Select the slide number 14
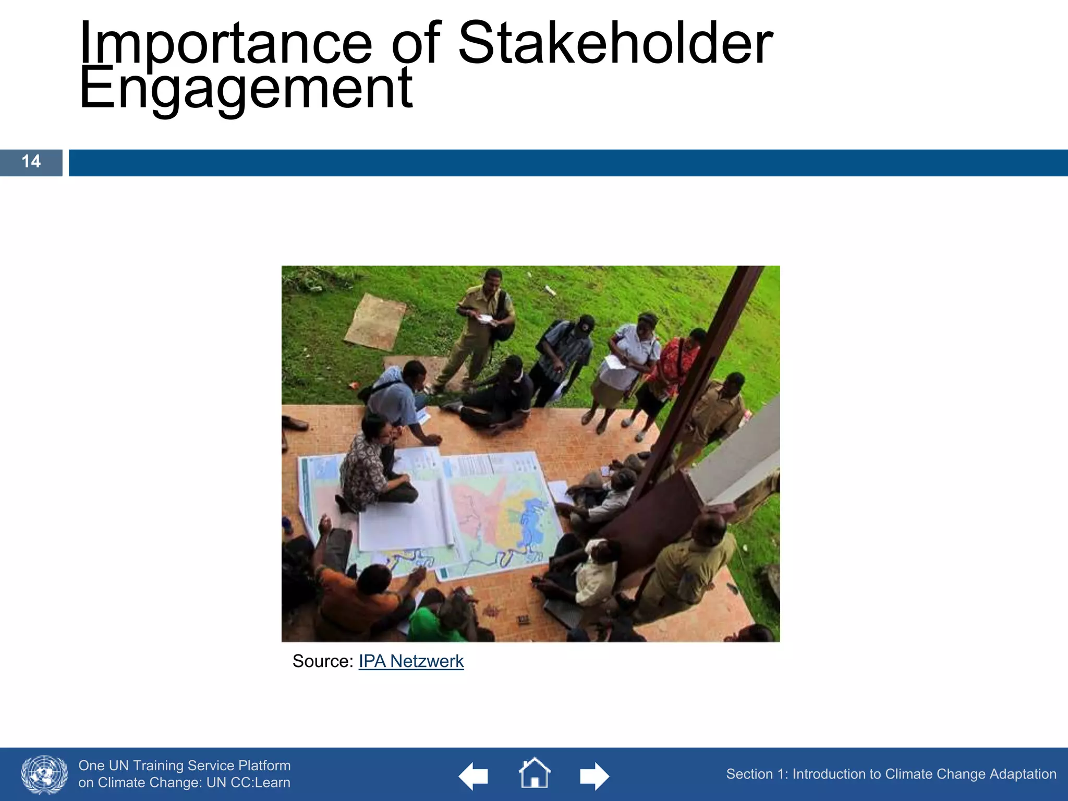click(31, 162)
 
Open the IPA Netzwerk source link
click(411, 661)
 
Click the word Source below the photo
click(322, 661)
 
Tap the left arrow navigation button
click(473, 776)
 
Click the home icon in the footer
click(534, 773)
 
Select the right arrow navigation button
click(594, 776)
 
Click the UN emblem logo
click(44, 774)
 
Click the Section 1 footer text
click(891, 774)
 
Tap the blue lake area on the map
click(532, 521)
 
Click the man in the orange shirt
click(355, 594)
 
